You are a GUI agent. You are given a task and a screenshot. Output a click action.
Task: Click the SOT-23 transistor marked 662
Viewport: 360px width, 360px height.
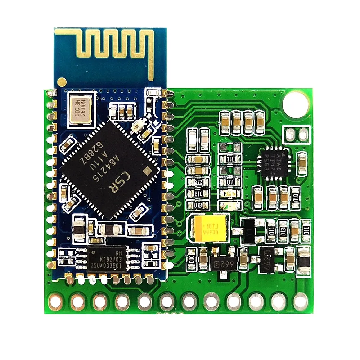click(224, 264)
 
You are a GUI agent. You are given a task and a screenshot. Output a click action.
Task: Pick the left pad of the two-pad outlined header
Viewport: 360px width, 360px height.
click(290, 135)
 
